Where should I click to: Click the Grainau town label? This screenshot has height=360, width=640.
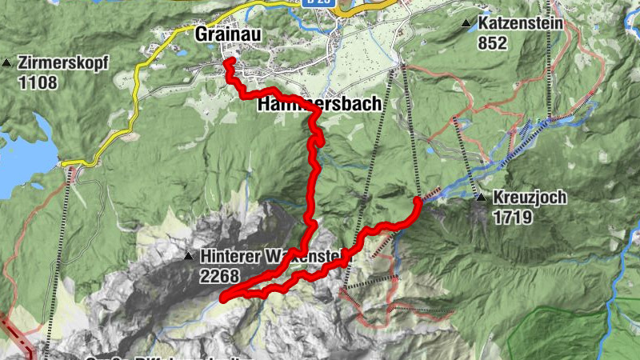point(226,34)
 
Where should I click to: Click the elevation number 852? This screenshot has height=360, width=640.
point(492,43)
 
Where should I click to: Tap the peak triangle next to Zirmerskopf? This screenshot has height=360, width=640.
point(8,62)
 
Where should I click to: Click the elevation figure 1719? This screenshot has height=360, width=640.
point(513,216)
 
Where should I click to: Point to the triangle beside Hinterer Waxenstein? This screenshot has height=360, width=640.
point(188,257)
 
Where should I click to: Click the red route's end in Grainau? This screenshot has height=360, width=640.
point(227,61)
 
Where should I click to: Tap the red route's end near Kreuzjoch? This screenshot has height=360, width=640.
point(418,199)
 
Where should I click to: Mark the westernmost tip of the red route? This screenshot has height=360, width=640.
point(223,299)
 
